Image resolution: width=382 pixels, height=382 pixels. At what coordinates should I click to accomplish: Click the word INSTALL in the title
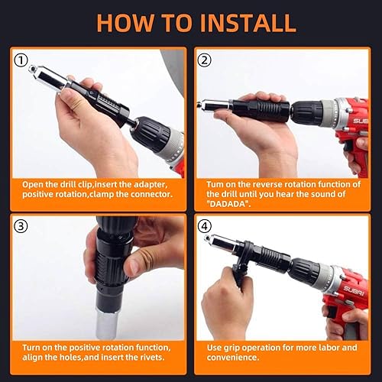point(241,22)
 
